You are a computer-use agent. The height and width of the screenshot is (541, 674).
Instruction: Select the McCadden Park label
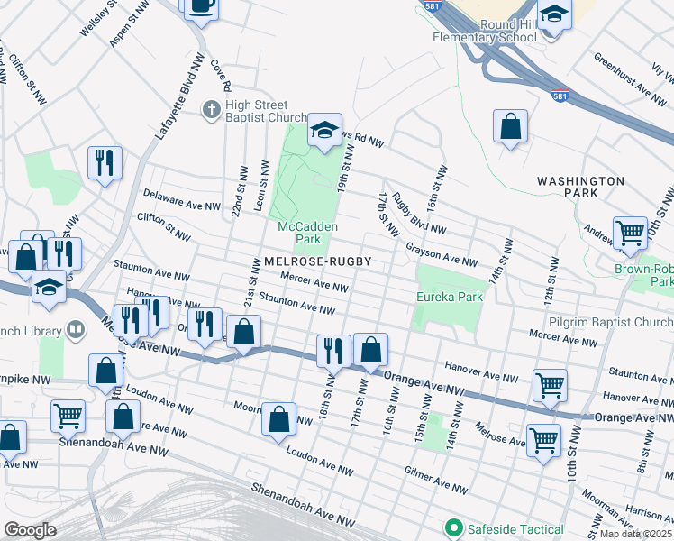tap(299, 233)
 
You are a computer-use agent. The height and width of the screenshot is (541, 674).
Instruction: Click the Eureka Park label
tap(450, 297)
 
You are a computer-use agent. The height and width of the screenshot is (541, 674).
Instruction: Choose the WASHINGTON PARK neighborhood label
tap(580, 187)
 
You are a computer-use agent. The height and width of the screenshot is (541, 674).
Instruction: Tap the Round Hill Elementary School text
tap(485, 31)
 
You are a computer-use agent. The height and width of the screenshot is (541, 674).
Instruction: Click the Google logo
tap(30, 529)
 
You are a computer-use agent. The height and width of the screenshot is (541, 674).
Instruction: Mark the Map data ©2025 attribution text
tap(635, 534)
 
